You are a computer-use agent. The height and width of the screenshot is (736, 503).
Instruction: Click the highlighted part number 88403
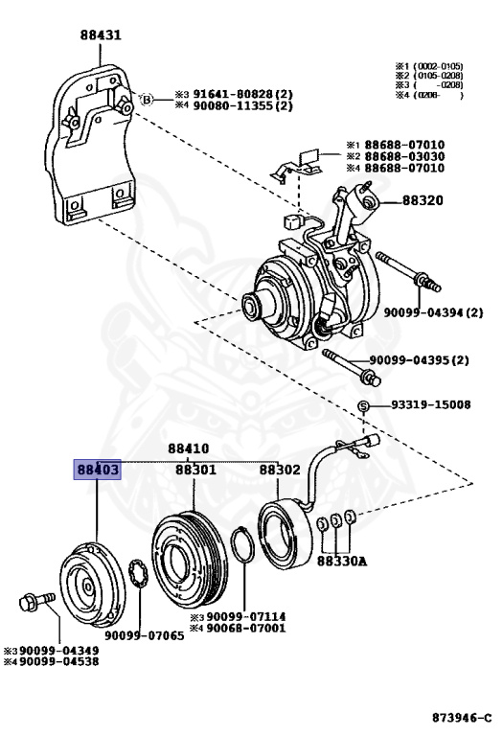(98, 471)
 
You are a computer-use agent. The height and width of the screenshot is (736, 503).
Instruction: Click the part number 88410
(188, 448)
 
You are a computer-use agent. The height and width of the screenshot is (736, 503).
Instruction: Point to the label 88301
(195, 471)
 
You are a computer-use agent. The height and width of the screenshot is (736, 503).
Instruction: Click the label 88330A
(343, 561)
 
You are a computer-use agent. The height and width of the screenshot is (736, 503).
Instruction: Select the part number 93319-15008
(429, 405)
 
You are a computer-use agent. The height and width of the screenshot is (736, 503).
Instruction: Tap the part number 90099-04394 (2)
(434, 312)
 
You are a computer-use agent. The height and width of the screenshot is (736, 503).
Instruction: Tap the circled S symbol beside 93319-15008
(364, 406)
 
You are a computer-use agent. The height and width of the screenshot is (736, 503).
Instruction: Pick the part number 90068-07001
(241, 628)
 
